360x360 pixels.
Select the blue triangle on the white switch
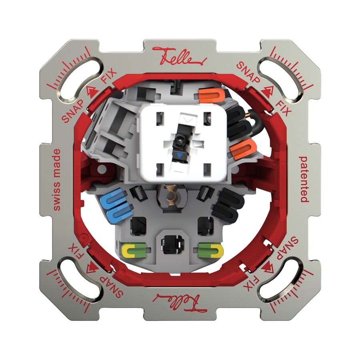point(179,156)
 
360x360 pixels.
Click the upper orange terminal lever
point(211,96)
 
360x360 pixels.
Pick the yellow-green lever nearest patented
point(210,250)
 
